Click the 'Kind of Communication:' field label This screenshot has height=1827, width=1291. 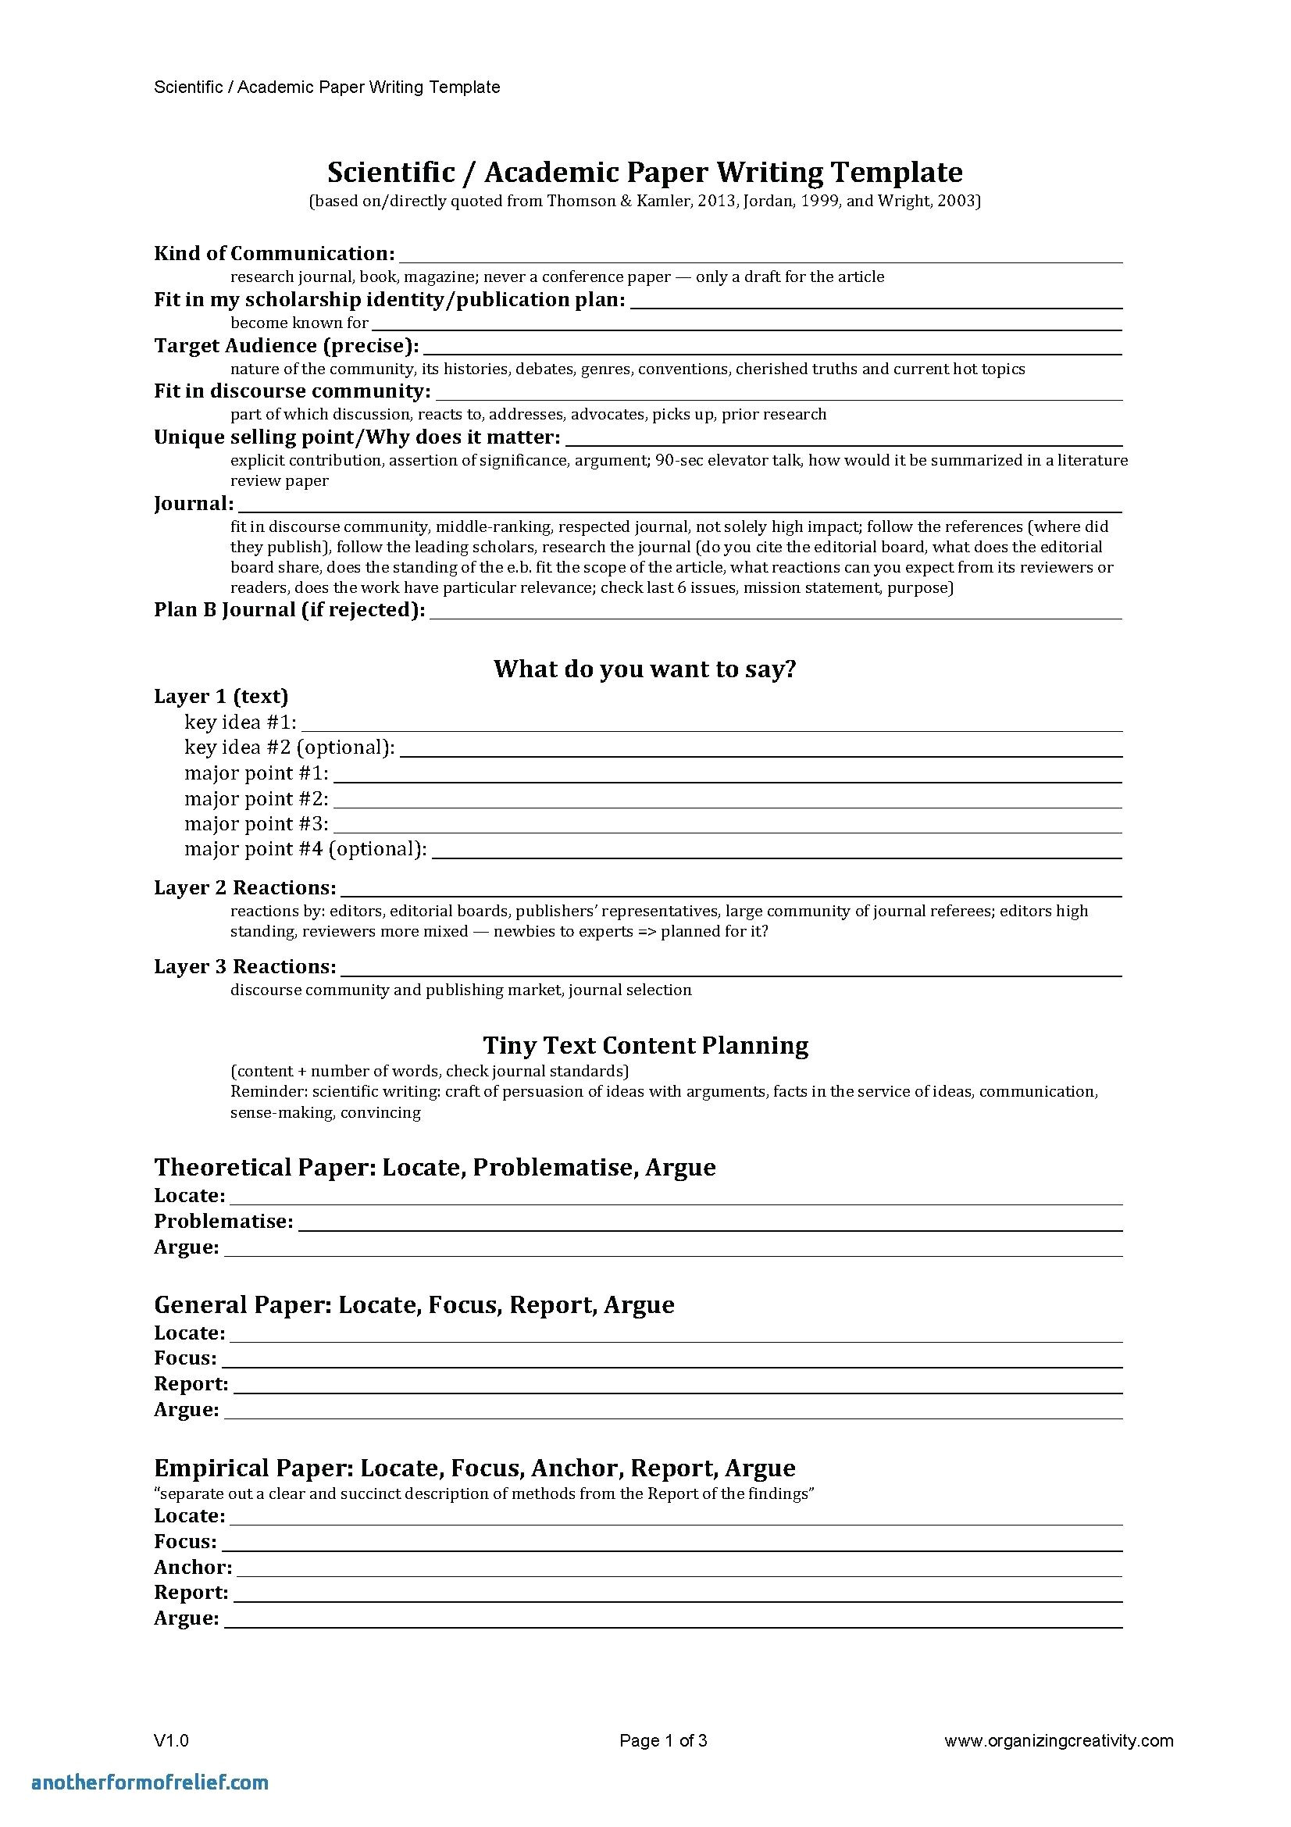(273, 254)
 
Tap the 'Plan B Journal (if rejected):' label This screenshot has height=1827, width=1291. (289, 610)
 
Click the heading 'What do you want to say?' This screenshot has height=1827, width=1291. (644, 669)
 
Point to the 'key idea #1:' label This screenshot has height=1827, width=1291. (241, 722)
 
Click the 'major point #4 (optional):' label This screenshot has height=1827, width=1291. (305, 849)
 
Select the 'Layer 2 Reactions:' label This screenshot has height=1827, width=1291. (245, 887)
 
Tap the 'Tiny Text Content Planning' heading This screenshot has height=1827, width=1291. (645, 1045)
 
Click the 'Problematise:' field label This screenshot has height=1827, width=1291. (223, 1221)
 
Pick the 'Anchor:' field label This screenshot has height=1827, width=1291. (193, 1567)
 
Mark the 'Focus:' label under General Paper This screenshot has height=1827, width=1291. (185, 1358)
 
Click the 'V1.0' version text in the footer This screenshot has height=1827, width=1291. (171, 1740)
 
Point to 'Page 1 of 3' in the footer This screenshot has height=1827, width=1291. (663, 1740)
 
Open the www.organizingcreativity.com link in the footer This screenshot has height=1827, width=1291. (1059, 1740)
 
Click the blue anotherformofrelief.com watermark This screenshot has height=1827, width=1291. (150, 1782)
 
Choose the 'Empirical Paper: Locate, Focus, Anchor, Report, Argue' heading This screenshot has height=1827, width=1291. (474, 1468)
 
